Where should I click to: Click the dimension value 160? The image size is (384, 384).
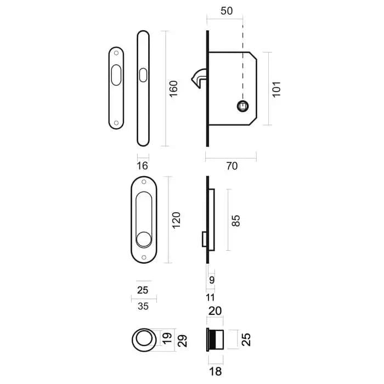click(173, 89)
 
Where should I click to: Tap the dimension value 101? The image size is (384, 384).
click(276, 89)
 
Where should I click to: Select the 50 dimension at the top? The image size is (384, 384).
click(227, 11)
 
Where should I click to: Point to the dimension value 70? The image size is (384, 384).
click(231, 166)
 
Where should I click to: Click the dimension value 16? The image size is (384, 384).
click(142, 166)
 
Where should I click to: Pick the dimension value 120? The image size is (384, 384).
click(176, 220)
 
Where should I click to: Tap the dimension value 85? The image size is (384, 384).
click(235, 221)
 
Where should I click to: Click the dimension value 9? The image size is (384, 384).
click(212, 280)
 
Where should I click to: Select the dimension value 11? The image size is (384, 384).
click(210, 297)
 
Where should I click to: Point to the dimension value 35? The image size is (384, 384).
click(143, 306)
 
